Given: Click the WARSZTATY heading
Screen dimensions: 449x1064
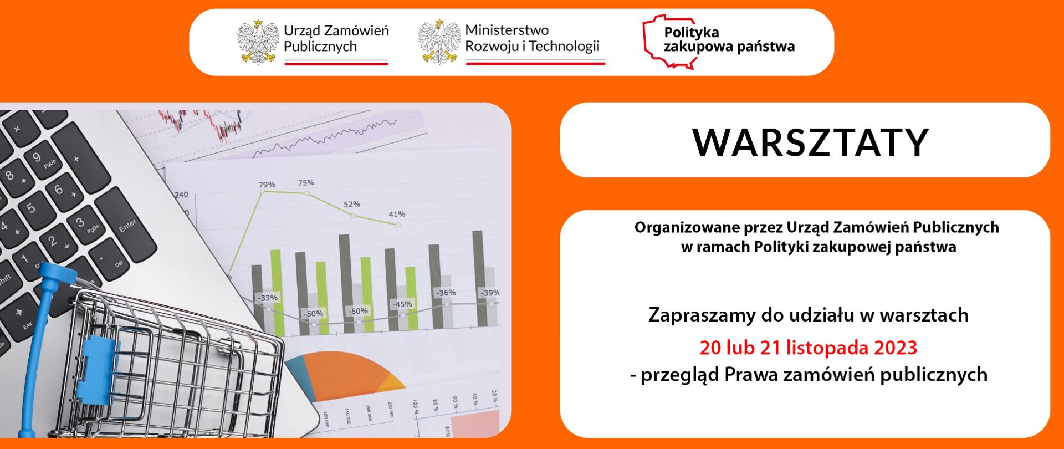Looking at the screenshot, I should click(810, 142).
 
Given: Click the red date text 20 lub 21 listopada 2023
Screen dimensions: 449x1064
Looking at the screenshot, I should click(808, 348).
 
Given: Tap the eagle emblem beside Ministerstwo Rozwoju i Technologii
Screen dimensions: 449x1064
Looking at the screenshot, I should click(439, 42).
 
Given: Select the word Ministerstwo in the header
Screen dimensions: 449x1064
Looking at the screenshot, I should click(507, 30).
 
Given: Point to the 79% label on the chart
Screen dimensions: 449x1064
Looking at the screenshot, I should click(267, 185).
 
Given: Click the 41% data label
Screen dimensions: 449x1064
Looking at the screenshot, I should click(397, 214).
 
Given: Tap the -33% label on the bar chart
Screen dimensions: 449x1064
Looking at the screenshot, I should click(267, 298).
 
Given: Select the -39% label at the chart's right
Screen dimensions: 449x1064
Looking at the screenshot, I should click(489, 293).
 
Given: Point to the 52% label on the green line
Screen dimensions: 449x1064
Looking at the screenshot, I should click(351, 204).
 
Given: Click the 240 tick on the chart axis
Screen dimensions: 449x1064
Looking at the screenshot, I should click(181, 195).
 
